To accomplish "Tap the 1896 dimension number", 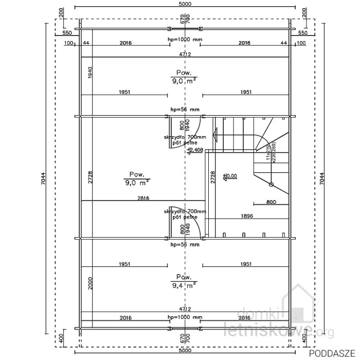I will tap(247, 216).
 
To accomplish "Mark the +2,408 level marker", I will tap(195, 150).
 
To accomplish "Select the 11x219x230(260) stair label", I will tap(272, 154).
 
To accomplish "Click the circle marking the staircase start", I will tap(271, 184).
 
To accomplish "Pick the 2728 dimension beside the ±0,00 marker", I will tap(213, 177).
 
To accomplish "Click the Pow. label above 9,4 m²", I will tap(184, 276).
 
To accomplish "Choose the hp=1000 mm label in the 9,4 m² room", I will tap(185, 317).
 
